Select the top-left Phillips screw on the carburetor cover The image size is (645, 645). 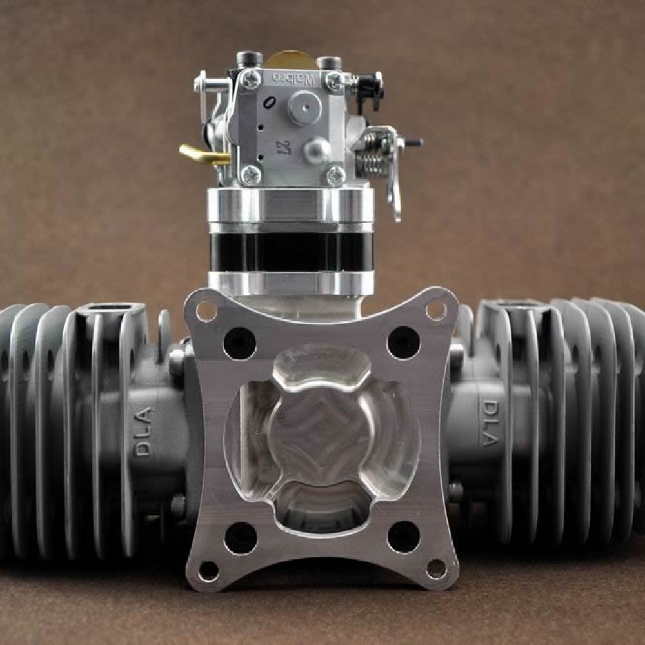251,79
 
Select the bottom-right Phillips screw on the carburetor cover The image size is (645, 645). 335,174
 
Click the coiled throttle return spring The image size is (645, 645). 372,155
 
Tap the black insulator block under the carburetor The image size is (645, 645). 291,252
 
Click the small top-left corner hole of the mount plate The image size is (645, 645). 206,311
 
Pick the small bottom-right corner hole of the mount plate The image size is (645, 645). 437,568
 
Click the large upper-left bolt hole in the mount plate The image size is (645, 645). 239,343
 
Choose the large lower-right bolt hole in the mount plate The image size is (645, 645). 404,536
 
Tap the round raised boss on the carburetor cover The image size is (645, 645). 304,107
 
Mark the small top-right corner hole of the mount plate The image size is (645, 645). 436,310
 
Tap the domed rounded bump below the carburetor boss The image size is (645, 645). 317,151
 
